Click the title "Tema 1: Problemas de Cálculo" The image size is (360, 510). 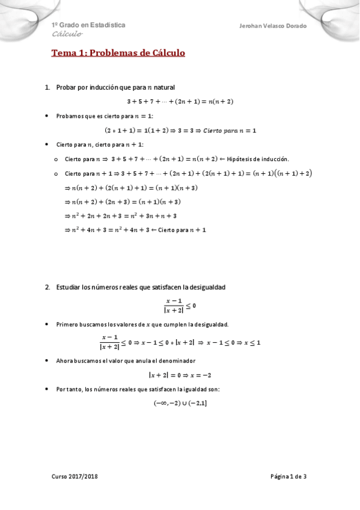[x=118, y=53]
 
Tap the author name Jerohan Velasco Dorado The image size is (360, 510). [x=273, y=26]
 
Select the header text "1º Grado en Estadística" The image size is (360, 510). [x=88, y=25]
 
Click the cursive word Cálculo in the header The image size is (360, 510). [x=67, y=34]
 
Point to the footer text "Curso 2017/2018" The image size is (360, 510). [x=75, y=476]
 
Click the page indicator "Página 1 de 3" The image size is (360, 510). [x=288, y=476]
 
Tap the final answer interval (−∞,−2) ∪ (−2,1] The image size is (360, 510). [x=180, y=403]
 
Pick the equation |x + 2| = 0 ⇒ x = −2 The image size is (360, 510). [x=180, y=374]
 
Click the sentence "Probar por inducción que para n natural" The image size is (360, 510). [x=115, y=87]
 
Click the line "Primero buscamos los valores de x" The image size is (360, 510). [x=142, y=324]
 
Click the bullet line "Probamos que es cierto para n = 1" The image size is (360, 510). [x=105, y=115]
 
